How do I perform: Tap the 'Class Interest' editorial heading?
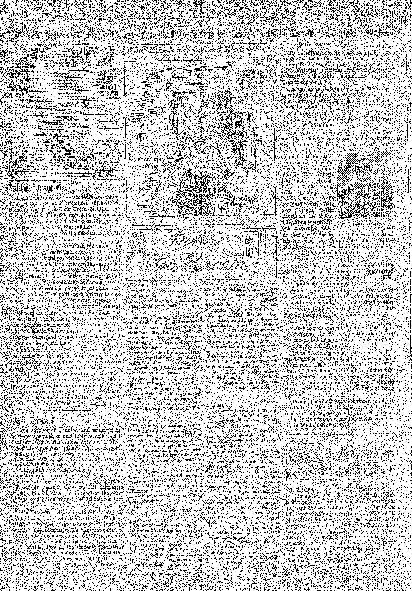32,421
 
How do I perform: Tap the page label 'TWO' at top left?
11,22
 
